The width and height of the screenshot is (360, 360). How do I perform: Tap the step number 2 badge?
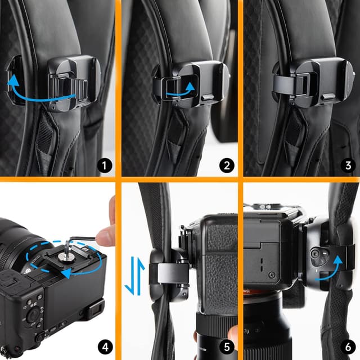pyautogui.click(x=226, y=165)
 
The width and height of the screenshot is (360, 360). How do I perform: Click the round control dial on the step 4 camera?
pyautogui.click(x=34, y=313)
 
